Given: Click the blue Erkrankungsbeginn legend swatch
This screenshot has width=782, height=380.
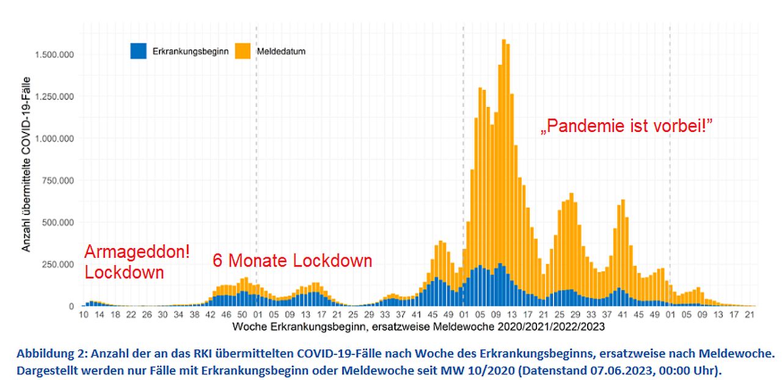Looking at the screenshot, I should tap(138, 51).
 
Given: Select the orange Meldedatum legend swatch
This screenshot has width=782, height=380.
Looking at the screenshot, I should tap(243, 51).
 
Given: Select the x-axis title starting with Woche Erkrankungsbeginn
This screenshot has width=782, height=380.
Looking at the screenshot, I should tap(418, 327).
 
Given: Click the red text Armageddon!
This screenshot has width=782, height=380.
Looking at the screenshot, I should tap(137, 252).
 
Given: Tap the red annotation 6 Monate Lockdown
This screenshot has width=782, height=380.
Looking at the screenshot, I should tap(292, 261).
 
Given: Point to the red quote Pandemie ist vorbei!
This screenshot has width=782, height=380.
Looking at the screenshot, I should tap(627, 126).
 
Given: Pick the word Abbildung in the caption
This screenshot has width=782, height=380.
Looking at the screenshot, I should tap(43, 354).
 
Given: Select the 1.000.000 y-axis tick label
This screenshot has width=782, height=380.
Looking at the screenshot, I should tap(53, 138).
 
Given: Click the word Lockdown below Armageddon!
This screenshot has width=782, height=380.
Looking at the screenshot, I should tap(125, 272).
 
